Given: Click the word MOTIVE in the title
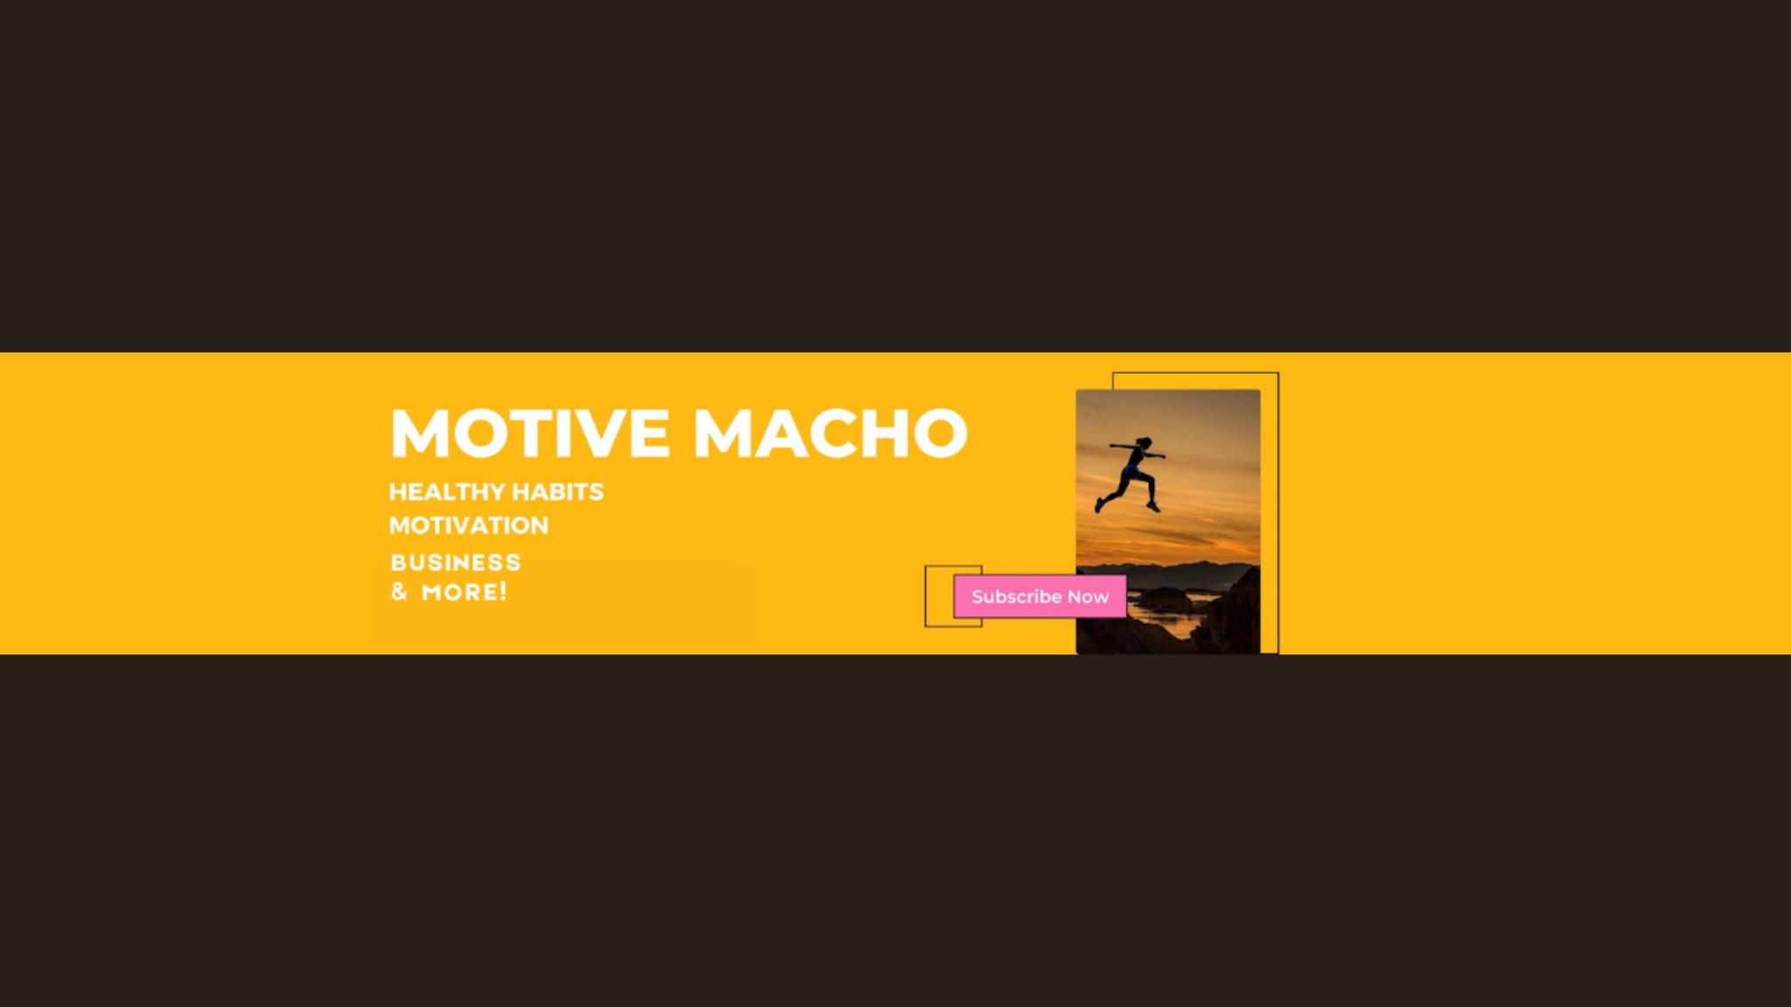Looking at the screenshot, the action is click(x=530, y=433).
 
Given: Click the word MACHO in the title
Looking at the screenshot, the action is click(x=831, y=433).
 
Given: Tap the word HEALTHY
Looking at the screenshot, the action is click(x=447, y=492).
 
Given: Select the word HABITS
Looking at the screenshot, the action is click(x=558, y=492).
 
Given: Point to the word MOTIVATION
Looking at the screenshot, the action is click(x=469, y=525).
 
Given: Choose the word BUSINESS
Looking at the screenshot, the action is click(x=456, y=562).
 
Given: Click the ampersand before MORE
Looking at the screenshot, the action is click(x=400, y=592).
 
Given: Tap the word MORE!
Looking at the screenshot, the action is click(x=464, y=592).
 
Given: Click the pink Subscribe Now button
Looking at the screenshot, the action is click(x=1040, y=596).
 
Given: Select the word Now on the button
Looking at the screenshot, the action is click(x=1088, y=597).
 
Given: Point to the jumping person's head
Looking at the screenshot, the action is click(x=1145, y=443).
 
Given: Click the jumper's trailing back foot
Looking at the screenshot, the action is click(x=1099, y=505).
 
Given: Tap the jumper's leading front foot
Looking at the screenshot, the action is click(x=1153, y=506).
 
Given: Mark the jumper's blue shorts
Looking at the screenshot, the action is click(x=1133, y=473).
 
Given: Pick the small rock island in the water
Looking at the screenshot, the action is click(x=1161, y=599).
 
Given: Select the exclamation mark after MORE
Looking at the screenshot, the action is click(x=504, y=592).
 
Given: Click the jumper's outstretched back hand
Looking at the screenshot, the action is click(x=1113, y=446).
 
